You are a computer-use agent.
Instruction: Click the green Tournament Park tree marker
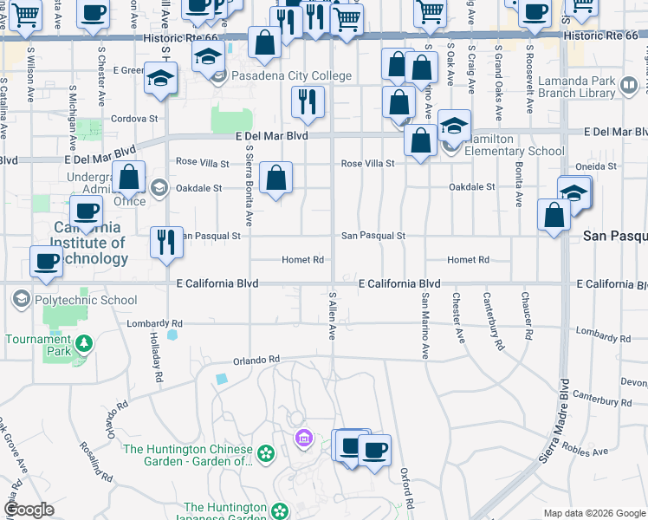click(83, 344)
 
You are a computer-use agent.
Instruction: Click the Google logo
click(29, 510)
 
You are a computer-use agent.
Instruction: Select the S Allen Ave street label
click(331, 315)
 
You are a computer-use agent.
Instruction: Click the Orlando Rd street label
click(256, 359)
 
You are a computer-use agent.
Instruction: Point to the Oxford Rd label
click(405, 489)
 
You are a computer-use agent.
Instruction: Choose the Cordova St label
click(135, 118)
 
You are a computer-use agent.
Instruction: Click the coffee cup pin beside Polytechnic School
click(47, 261)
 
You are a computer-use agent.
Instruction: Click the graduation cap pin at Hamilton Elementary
click(454, 125)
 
